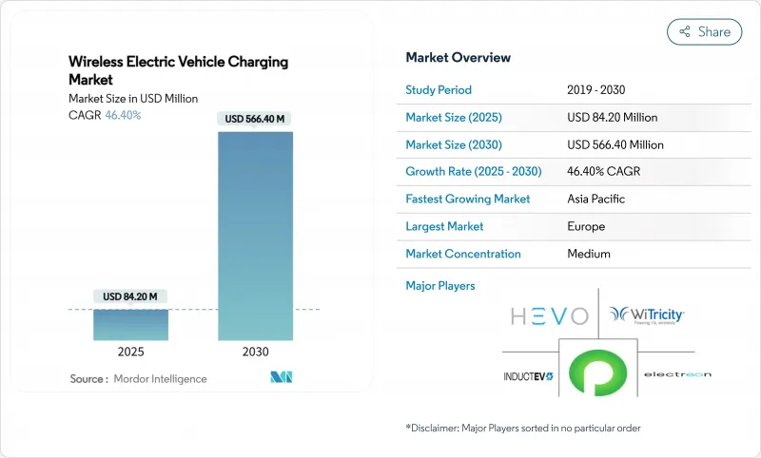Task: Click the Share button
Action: [x=704, y=31]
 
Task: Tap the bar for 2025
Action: [x=130, y=324]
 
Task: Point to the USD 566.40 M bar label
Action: [x=256, y=119]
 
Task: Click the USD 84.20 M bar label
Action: [x=130, y=296]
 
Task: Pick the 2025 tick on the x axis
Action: [x=130, y=352]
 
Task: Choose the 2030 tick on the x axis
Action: [x=256, y=352]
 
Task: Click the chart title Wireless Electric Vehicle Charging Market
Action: [x=178, y=70]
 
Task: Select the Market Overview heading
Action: [x=458, y=58]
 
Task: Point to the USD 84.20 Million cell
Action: [x=612, y=118]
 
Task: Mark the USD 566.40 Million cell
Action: [x=615, y=145]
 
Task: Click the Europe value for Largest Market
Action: [x=586, y=227]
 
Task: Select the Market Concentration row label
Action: [x=462, y=254]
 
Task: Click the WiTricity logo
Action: [x=647, y=315]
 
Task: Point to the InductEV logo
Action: [x=530, y=376]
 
